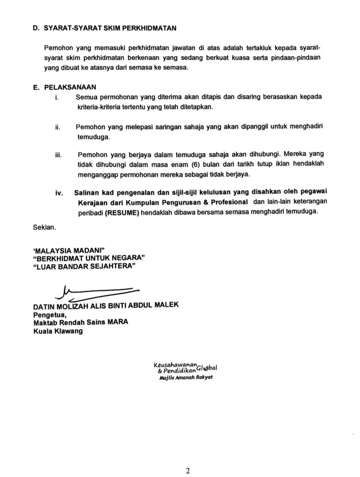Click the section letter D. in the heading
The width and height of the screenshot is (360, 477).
(x=36, y=28)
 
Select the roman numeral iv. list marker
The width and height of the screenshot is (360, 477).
(x=59, y=193)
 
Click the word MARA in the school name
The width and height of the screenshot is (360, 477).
(x=118, y=322)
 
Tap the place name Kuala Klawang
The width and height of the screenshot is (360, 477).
(x=58, y=331)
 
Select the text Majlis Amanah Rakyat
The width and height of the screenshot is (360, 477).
(x=186, y=377)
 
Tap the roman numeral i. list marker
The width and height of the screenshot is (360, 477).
(x=57, y=98)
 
